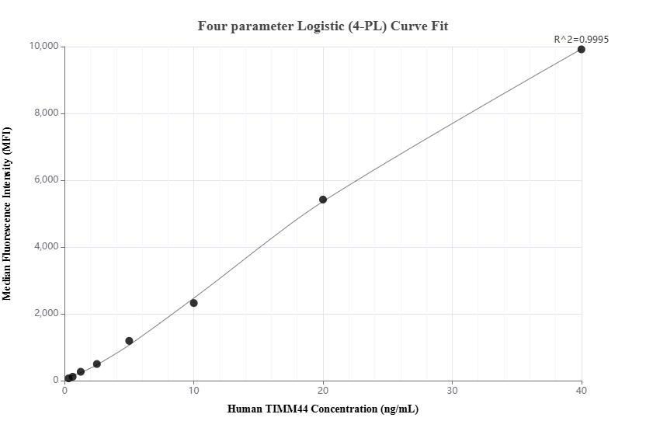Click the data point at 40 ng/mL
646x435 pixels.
[581, 49]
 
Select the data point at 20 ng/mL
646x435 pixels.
[323, 200]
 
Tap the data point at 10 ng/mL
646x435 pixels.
[194, 303]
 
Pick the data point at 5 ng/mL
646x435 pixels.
[129, 341]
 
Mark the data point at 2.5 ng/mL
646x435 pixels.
[97, 364]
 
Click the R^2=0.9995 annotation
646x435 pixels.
[580, 38]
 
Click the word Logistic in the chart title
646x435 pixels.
[325, 26]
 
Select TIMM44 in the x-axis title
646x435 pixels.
[290, 409]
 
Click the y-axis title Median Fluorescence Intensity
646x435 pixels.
[7, 214]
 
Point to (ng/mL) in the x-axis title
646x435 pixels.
[399, 409]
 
